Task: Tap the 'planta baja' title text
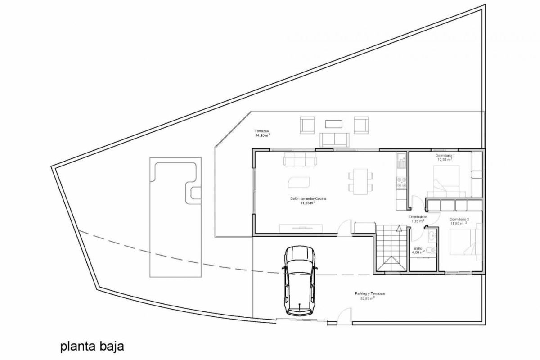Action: pos(92,347)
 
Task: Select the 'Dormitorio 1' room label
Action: pos(445,156)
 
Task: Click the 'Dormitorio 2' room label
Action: pos(459,219)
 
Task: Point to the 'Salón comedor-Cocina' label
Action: pos(308,198)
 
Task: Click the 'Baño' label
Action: pos(418,248)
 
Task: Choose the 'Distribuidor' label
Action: pos(418,217)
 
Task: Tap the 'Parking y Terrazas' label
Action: pos(369,293)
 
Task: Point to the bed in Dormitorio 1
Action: pos(445,180)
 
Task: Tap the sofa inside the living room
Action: pos(299,160)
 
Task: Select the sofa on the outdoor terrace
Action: pos(334,139)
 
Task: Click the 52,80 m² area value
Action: pos(368,298)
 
